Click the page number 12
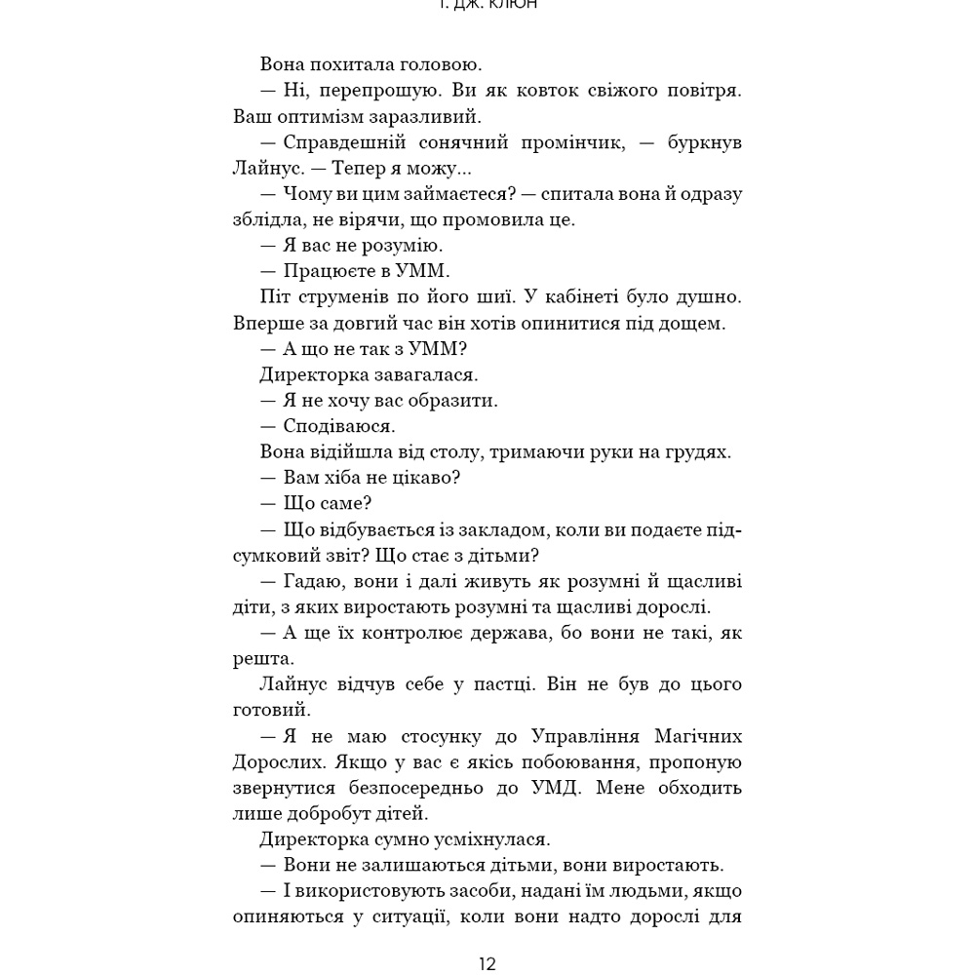[487, 964]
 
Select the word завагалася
[434, 373]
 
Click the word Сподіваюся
[339, 425]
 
